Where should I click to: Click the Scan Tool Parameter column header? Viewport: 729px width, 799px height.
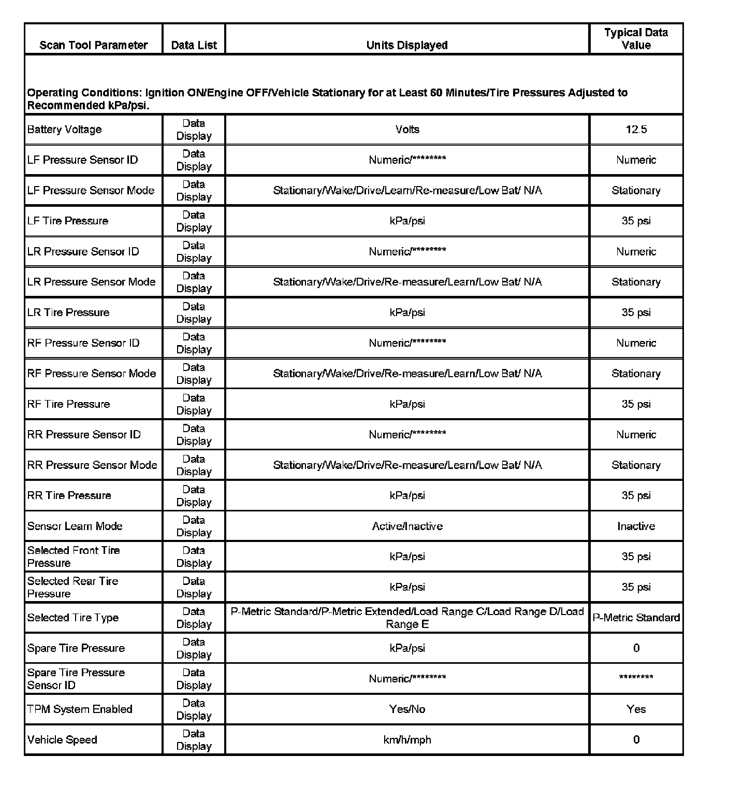93,45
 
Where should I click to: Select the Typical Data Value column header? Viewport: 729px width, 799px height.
636,39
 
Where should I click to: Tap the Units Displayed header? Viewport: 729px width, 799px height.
407,45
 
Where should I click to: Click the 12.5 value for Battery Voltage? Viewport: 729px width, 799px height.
636,130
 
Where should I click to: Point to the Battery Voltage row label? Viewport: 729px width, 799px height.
64,130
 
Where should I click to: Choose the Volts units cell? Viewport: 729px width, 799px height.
407,130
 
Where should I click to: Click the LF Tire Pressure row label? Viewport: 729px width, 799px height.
68,221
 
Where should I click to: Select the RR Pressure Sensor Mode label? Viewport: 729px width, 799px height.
92,465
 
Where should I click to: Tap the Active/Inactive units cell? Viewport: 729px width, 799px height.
407,526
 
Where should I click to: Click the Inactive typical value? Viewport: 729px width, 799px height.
636,526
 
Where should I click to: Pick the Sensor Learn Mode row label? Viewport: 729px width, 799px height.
75,526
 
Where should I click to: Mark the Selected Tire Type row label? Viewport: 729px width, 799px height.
73,618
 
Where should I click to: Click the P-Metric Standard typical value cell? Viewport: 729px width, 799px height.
636,618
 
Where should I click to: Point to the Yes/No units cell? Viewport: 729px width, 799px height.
407,709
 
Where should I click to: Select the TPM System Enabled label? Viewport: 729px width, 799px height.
80,709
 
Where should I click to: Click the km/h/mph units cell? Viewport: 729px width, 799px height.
407,739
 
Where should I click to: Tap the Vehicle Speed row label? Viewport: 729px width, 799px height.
62,739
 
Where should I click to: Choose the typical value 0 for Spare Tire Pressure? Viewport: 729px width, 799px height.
636,648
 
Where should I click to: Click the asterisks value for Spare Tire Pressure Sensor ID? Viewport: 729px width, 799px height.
636,677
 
